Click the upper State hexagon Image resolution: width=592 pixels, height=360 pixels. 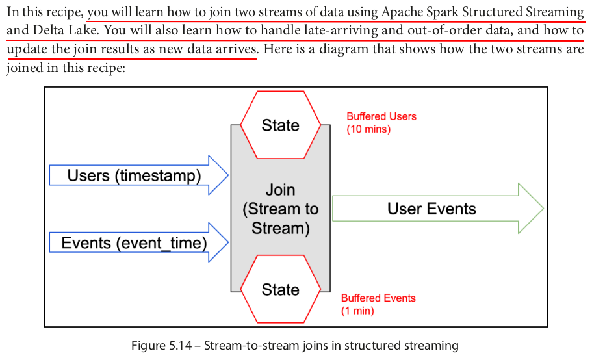click(x=281, y=125)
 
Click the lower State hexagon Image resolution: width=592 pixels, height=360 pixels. click(x=281, y=290)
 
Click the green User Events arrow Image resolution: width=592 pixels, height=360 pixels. click(x=432, y=209)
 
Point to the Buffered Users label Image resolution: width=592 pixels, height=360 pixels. click(x=381, y=116)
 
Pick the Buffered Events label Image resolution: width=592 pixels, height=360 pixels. click(x=378, y=298)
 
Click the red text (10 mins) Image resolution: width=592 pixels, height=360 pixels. click(x=368, y=129)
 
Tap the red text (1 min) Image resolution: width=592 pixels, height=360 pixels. click(x=358, y=311)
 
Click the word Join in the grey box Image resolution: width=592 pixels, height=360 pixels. click(x=280, y=190)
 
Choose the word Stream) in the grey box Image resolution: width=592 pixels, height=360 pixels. click(x=280, y=228)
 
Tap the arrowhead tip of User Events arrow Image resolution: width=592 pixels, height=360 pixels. click(x=542, y=209)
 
